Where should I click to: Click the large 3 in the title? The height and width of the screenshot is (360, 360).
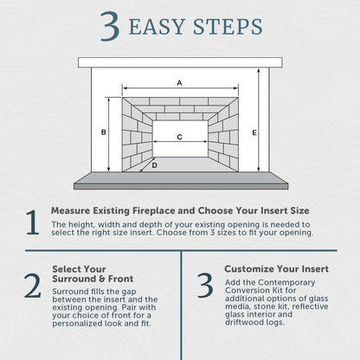pyautogui.click(x=110, y=27)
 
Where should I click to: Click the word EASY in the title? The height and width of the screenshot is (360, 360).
pyautogui.click(x=157, y=27)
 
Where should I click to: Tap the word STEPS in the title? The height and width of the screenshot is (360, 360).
pyautogui.click(x=228, y=27)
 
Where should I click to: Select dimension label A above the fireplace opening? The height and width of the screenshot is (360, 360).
pyautogui.click(x=179, y=83)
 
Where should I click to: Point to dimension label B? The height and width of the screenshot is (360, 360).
pyautogui.click(x=104, y=132)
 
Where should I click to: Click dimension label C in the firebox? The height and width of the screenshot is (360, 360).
pyautogui.click(x=179, y=137)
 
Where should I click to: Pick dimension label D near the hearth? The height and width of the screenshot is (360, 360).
pyautogui.click(x=155, y=165)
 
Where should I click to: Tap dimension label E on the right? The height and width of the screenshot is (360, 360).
pyautogui.click(x=254, y=132)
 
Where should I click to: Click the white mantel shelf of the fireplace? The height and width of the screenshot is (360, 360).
pyautogui.click(x=180, y=62)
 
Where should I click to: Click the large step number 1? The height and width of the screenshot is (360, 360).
pyautogui.click(x=33, y=222)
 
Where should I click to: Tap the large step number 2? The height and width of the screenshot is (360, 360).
pyautogui.click(x=32, y=286)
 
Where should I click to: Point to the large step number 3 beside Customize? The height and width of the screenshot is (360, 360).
pyautogui.click(x=205, y=285)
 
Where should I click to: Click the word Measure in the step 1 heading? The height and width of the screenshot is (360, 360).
pyautogui.click(x=71, y=210)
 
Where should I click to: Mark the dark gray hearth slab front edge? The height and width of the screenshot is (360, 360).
pyautogui.click(x=181, y=186)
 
